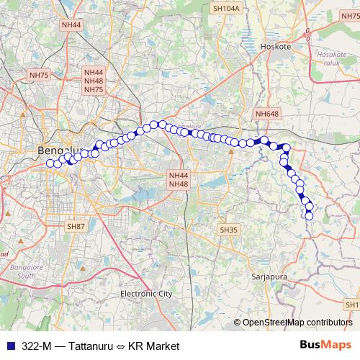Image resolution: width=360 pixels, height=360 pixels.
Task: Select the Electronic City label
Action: click(x=146, y=294)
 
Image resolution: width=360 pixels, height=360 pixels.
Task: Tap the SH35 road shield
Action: click(x=228, y=229)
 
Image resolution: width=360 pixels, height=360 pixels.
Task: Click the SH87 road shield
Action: click(x=76, y=226)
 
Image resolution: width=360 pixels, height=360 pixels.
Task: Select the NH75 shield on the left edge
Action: click(x=38, y=75)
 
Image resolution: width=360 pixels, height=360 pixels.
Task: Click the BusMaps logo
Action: click(x=325, y=346)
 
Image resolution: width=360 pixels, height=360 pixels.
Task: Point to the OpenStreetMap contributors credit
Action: click(x=297, y=323)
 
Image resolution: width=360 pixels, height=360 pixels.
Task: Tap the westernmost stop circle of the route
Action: click(x=50, y=163)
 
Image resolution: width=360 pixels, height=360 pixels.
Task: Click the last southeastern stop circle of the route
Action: click(x=310, y=215)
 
